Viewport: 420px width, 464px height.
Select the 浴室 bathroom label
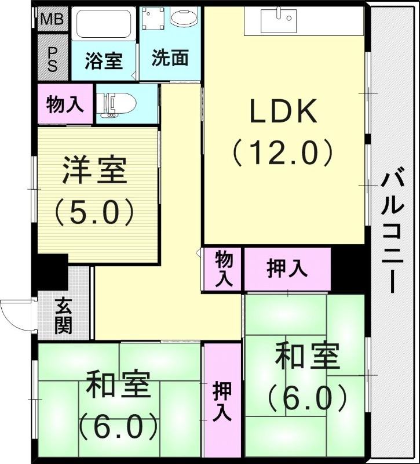104,60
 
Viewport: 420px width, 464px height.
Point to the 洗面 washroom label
169,58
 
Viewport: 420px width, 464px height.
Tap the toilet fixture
119,104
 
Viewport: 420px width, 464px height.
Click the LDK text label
283,112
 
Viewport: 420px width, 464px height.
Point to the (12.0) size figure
283,153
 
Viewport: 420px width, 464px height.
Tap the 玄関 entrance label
64,316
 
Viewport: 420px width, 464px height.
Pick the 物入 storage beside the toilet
65,104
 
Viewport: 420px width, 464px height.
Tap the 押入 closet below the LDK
287,269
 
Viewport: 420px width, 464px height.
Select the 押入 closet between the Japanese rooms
221,400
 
